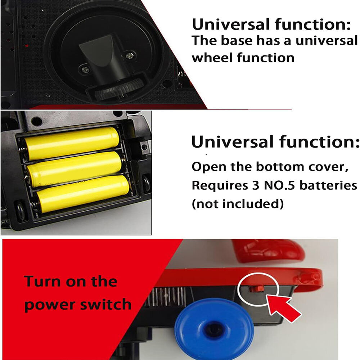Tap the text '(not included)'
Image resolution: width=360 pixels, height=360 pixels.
(238, 203)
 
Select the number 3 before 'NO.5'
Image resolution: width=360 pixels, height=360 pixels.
(256, 185)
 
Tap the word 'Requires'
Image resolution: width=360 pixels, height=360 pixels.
(220, 185)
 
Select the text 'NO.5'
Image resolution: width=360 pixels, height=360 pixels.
(279, 185)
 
